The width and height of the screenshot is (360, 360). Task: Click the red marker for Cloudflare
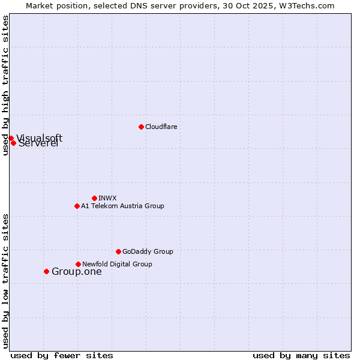point(141,127)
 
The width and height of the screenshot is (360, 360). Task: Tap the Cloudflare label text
point(161,127)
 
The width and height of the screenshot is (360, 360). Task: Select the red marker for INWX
point(94,198)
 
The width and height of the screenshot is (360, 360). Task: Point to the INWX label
point(107,198)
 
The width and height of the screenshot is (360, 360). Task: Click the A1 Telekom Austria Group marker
point(77,206)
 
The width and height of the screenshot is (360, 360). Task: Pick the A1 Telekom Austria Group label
point(122,206)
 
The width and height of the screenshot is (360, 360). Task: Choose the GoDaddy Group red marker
point(118,251)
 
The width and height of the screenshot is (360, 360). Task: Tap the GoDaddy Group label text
point(148,251)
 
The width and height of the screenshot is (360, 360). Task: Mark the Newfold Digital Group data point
point(78,264)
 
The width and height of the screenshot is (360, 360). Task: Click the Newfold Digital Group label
point(117,264)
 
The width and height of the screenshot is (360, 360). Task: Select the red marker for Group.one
point(46,271)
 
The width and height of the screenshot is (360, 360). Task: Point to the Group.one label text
point(76,271)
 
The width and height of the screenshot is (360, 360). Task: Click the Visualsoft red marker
point(11,138)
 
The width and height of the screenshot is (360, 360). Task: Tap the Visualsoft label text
point(40,138)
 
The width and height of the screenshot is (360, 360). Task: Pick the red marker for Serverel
point(13,143)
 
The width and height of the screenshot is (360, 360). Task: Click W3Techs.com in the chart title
point(305,5)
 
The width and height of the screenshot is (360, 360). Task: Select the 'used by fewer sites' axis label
point(62,355)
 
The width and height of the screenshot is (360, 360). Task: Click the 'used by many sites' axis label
point(301,355)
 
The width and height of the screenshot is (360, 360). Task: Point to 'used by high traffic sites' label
point(5,85)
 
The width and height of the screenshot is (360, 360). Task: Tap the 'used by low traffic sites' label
point(5,281)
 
